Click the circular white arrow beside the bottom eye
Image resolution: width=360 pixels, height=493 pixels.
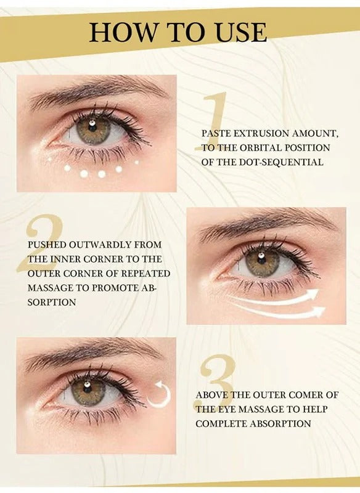(x=159, y=395)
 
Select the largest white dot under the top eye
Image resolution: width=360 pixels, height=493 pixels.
(x=85, y=173)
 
